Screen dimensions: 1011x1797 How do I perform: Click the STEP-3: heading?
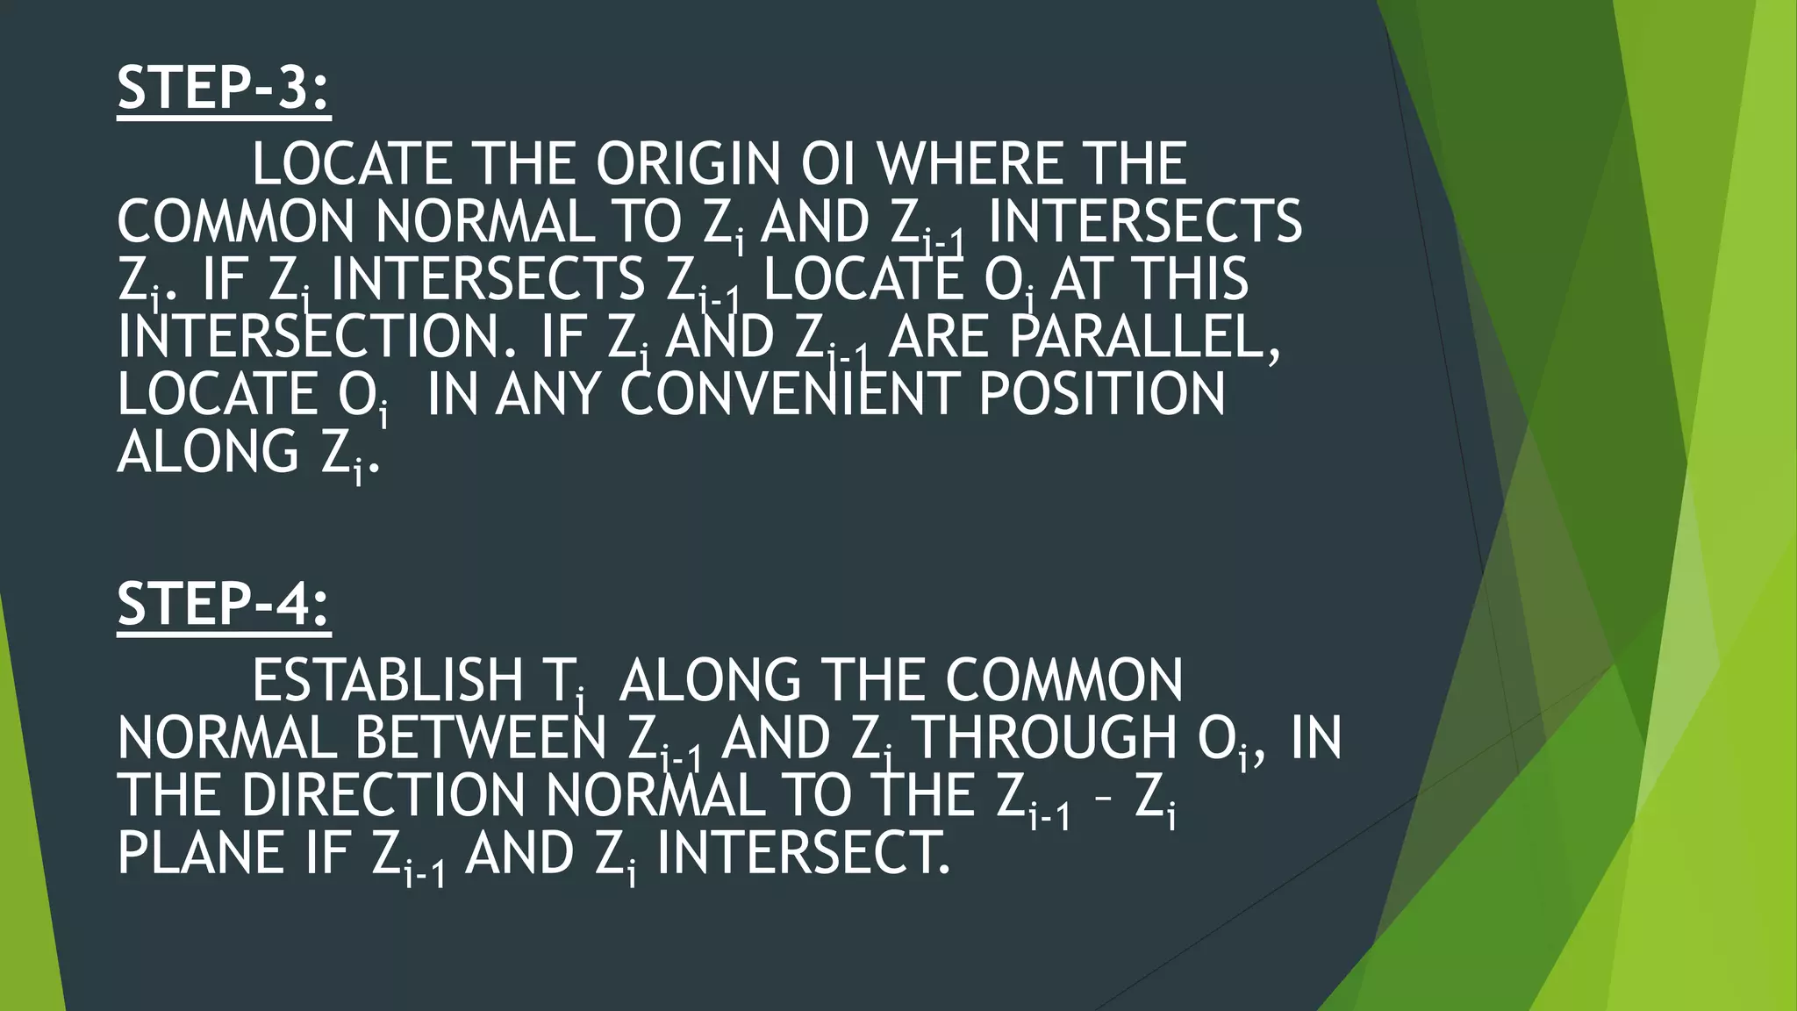(224, 88)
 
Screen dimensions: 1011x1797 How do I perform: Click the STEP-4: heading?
(224, 604)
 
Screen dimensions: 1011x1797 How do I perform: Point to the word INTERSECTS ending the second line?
(1144, 221)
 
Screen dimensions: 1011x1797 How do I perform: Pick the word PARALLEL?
(1145, 337)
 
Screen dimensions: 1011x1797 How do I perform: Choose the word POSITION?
(1102, 394)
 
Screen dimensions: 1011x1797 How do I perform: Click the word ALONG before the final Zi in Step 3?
(208, 452)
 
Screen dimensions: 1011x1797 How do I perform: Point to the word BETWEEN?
(481, 739)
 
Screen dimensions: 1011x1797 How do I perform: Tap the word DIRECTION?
(383, 796)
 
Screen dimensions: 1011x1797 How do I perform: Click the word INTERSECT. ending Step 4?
(803, 853)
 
